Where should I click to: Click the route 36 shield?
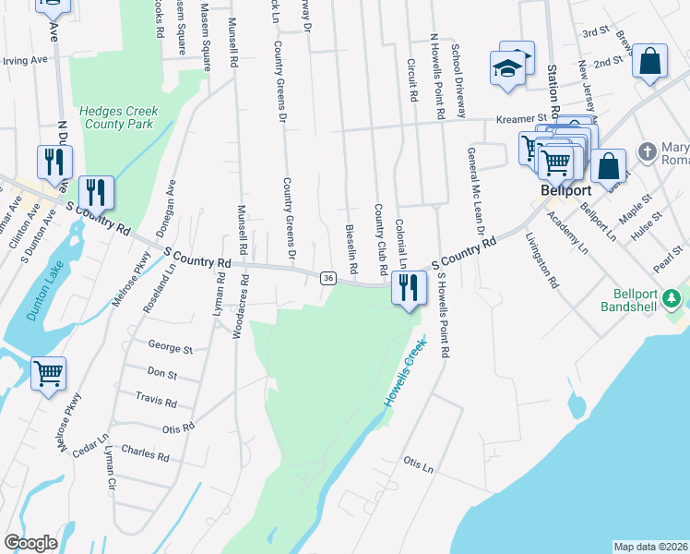[x=327, y=278]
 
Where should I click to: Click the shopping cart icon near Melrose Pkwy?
[x=48, y=374]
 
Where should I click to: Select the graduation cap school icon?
[x=506, y=68]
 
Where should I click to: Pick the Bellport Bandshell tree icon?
[x=673, y=298]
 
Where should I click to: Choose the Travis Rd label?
[x=155, y=402]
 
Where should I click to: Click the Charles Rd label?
[x=145, y=454]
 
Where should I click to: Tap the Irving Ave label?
[x=25, y=60]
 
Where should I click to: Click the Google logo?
[x=31, y=542]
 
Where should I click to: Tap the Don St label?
[x=161, y=375]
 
